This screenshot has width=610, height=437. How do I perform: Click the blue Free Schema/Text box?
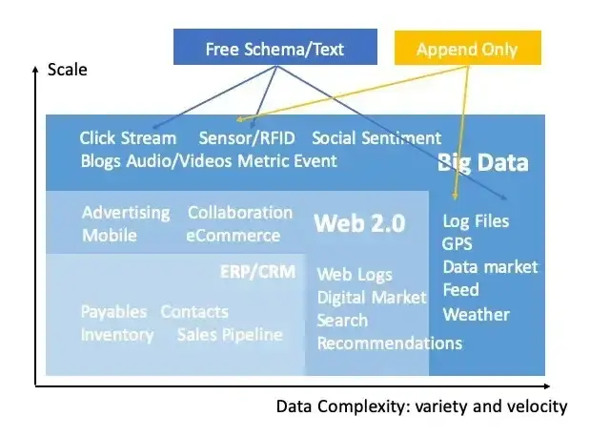click(275, 48)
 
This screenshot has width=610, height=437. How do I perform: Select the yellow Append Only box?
click(467, 49)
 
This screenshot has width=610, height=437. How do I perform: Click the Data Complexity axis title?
click(421, 406)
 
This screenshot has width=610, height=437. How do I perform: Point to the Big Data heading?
click(482, 162)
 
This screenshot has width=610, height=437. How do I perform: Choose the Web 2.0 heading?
click(359, 223)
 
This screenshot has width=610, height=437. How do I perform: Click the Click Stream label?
click(128, 138)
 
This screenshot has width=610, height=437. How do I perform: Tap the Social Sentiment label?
click(376, 138)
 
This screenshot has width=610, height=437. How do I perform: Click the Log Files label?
click(477, 221)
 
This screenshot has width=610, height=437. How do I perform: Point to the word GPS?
click(457, 244)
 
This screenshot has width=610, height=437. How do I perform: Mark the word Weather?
click(476, 314)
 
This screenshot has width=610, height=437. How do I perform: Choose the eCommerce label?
click(234, 235)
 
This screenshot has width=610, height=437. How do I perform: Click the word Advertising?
click(126, 212)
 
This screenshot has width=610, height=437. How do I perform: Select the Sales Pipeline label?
click(230, 334)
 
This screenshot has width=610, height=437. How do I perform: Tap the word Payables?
click(113, 312)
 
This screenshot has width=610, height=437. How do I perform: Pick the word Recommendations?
click(389, 343)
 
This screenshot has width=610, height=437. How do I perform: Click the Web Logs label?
click(355, 275)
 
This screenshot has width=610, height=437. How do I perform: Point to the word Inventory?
click(117, 334)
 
